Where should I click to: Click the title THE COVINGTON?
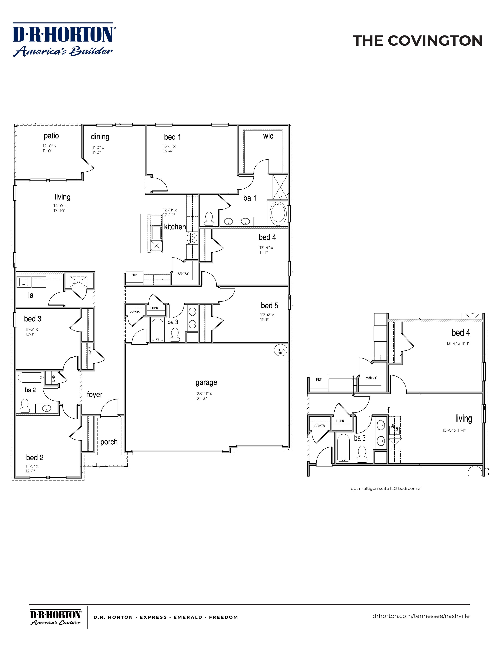click(x=417, y=41)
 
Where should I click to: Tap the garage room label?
click(x=206, y=383)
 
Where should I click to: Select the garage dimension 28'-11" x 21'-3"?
click(x=204, y=396)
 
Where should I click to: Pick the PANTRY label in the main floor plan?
click(x=183, y=274)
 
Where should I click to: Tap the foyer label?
click(x=95, y=395)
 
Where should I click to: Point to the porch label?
click(x=109, y=442)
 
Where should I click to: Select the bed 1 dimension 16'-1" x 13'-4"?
click(x=169, y=149)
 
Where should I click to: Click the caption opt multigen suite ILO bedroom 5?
click(x=385, y=488)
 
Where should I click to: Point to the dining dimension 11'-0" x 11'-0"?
click(x=98, y=150)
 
